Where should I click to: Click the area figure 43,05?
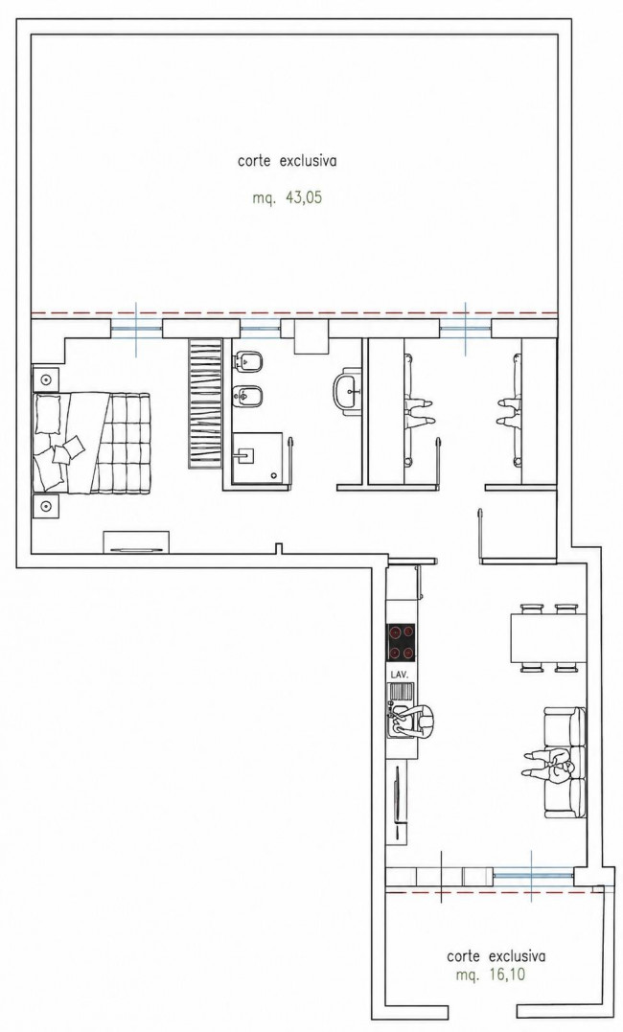pos(304,198)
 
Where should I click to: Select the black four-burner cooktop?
pos(402,642)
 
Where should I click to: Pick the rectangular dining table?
pos(548,638)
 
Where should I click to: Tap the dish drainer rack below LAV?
pos(401,692)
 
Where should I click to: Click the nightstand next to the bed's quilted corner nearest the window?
pos(46,380)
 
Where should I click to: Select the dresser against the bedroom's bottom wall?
pos(136,541)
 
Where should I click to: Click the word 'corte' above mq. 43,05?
pos(254,161)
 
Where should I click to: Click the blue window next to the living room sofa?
pos(533,876)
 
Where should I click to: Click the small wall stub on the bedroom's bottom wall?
pos(279,547)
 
